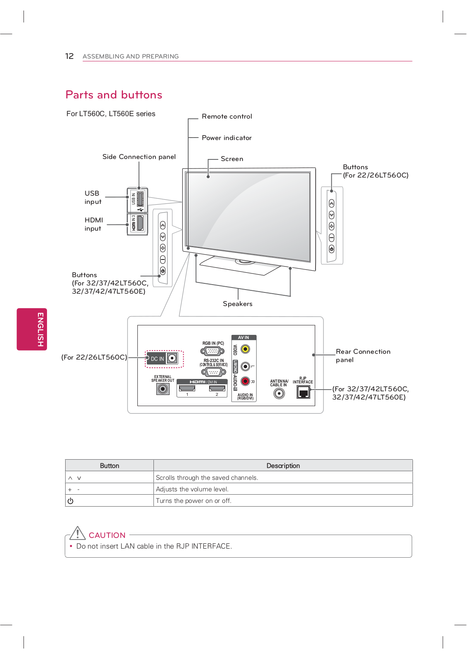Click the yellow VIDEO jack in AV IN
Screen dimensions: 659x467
(245, 349)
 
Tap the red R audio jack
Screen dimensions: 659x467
(245, 381)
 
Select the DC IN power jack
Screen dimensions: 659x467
(172, 358)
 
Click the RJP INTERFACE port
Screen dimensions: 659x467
(303, 392)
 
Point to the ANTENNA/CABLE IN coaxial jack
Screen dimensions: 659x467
(279, 394)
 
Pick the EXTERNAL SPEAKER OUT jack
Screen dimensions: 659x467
(163, 388)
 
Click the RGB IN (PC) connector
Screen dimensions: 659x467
(212, 351)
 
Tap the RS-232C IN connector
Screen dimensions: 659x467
(213, 372)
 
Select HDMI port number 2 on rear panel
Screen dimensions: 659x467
(217, 388)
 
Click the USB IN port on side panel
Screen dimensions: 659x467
(140, 199)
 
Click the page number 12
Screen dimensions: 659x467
(69, 56)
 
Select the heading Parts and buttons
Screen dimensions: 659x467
(114, 95)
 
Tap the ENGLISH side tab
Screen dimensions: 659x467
(32, 329)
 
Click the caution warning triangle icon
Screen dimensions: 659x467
(77, 533)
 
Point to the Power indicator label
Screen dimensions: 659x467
(226, 138)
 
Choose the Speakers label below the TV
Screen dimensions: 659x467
(238, 304)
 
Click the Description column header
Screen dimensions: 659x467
(283, 466)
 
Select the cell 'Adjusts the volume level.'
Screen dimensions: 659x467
(192, 489)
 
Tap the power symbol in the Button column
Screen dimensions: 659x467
(71, 501)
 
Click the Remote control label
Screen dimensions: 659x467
(227, 117)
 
